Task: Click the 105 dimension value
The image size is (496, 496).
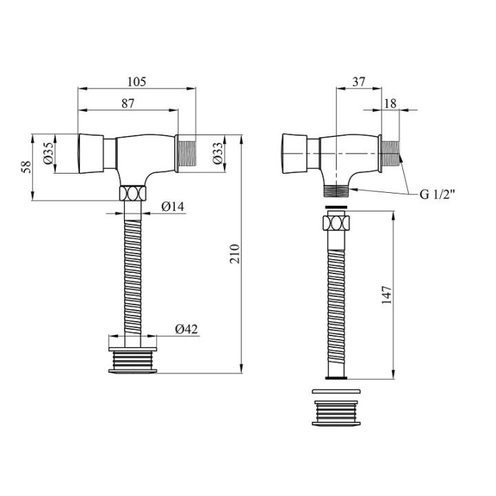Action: [x=136, y=81]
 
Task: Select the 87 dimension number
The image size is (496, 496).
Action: [x=128, y=103]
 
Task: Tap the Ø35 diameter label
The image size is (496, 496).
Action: [x=48, y=154]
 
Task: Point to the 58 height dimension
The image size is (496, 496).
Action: [x=27, y=167]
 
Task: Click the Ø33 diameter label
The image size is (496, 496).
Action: [x=218, y=154]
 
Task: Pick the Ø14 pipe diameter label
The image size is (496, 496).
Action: [x=172, y=207]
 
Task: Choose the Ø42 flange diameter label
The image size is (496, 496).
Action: [x=186, y=329]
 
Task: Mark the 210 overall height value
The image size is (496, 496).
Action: [x=235, y=254]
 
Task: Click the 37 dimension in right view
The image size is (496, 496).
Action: [x=359, y=81]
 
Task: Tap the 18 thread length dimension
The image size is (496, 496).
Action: [x=390, y=103]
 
